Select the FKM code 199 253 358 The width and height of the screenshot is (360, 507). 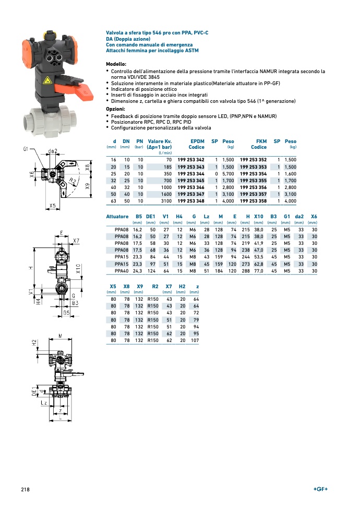(x=253, y=201)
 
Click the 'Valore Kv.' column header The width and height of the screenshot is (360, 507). (x=160, y=141)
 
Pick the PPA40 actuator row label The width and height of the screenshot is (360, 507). (x=121, y=270)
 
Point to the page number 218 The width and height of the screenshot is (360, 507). (x=25, y=489)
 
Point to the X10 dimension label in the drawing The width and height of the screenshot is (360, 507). (x=78, y=269)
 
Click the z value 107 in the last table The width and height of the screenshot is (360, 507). (x=195, y=340)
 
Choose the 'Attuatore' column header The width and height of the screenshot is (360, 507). (x=117, y=217)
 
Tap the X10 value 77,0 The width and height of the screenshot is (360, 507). (x=258, y=270)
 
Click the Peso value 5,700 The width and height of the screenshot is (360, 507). (x=228, y=173)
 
